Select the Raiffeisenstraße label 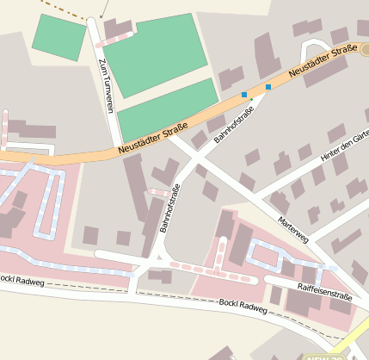pos(325,295)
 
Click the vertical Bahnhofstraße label pos(169,209)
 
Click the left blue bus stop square pos(244,94)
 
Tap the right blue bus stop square pos(268,87)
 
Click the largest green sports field pos(156,53)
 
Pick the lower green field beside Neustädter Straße pos(167,109)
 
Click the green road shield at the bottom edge pos(323,356)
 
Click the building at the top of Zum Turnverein pos(117,28)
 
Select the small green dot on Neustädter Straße pos(251,100)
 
